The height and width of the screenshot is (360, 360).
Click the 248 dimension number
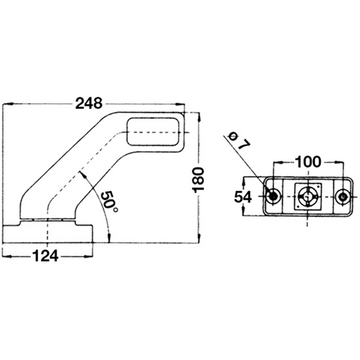coord(89,103)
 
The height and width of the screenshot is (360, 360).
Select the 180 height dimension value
coord(199,180)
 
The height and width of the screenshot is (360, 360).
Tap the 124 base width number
coord(45,256)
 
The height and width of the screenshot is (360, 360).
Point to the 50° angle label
coord(109,202)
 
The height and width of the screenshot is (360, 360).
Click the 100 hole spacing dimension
coord(308,161)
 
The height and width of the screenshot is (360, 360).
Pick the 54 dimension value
coord(243,197)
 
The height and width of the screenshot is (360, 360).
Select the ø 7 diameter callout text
coord(239,141)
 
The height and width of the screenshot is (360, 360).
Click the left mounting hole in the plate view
coord(273,197)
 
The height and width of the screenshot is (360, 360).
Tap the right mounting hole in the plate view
coord(343,197)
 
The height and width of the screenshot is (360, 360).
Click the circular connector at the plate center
coord(308,197)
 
